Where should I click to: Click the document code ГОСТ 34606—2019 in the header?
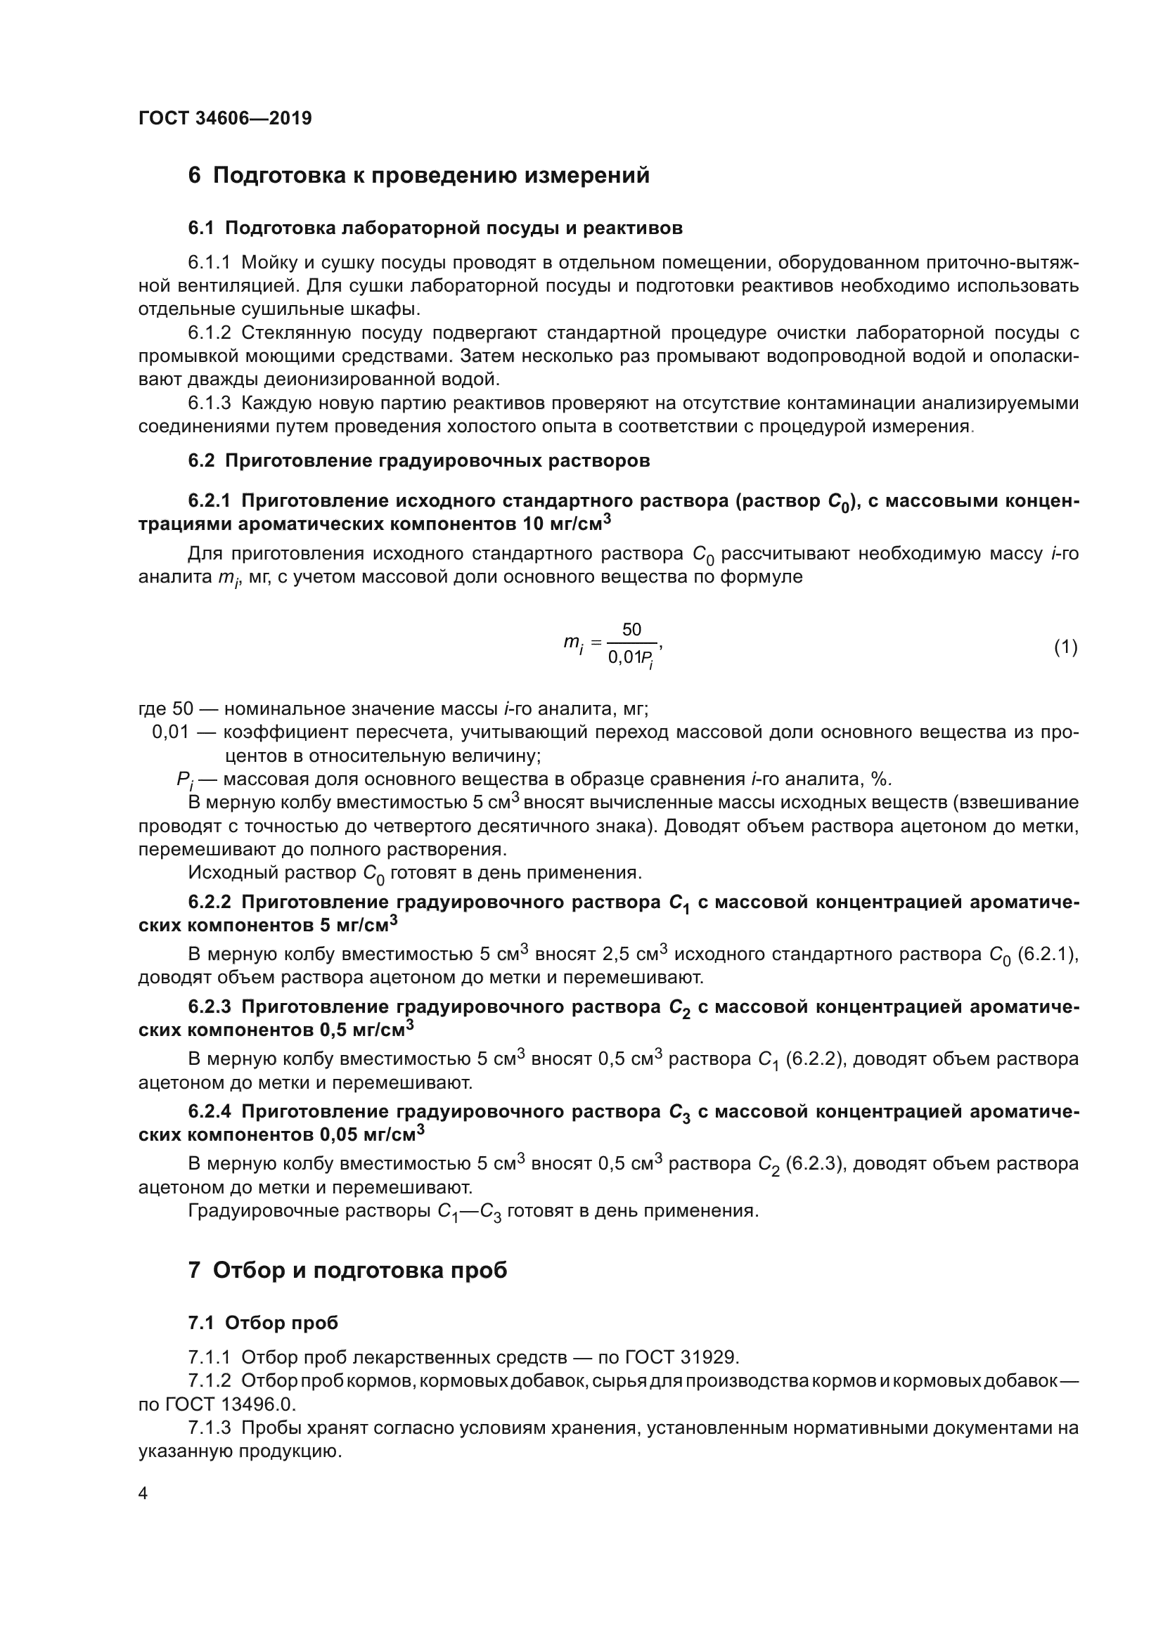225,118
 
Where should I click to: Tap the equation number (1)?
1065,647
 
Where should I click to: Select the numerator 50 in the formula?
631,629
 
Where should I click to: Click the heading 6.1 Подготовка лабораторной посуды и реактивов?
435,228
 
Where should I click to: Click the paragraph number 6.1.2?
210,333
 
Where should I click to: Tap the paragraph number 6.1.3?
210,403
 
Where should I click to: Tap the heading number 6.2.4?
210,1111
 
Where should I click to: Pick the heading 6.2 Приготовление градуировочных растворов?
419,460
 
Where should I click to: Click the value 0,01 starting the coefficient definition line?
170,732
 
